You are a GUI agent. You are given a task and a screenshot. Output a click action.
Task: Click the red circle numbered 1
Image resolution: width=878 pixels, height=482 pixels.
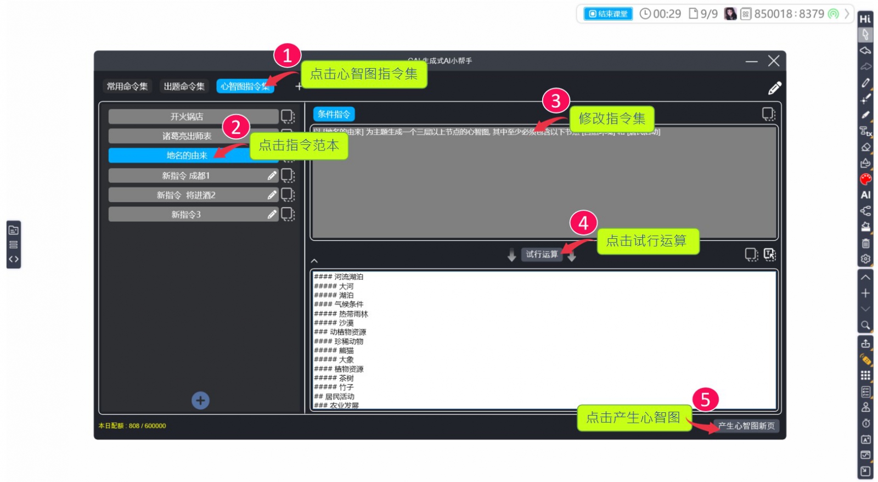287,55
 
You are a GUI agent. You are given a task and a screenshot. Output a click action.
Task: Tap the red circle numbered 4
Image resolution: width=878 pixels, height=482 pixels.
583,223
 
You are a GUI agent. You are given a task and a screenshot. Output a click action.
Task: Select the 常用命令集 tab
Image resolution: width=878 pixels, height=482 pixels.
127,86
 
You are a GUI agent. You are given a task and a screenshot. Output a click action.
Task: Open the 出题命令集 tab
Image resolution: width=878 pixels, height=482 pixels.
184,86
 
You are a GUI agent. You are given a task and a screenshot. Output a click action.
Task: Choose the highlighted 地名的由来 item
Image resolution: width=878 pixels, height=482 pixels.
187,155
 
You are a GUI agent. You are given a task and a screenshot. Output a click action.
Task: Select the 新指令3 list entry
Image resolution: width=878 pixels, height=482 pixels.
186,215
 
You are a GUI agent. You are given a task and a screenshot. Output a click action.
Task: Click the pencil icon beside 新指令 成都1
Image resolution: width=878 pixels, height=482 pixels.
272,176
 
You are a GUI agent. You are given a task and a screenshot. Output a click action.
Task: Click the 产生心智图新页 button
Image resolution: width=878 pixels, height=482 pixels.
746,426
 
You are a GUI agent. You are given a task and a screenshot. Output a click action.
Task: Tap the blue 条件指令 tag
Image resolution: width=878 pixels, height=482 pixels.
334,114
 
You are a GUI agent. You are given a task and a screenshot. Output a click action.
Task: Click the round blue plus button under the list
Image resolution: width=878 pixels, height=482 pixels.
200,401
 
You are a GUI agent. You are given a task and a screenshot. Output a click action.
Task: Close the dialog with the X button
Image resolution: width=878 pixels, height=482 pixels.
774,61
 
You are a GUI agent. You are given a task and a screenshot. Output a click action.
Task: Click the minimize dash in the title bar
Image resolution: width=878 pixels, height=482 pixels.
751,61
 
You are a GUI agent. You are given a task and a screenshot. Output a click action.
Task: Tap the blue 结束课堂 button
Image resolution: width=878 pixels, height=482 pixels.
608,14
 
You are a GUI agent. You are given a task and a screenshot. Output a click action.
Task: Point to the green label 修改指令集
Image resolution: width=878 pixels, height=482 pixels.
612,119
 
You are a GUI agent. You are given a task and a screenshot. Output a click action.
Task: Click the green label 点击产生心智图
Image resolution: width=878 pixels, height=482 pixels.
633,418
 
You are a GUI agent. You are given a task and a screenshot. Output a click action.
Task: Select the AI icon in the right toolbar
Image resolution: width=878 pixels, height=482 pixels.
865,195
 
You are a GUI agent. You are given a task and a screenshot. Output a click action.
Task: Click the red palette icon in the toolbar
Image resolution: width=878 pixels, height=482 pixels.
865,179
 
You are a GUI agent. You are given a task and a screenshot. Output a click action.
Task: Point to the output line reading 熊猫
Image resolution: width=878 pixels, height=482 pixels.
346,350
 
